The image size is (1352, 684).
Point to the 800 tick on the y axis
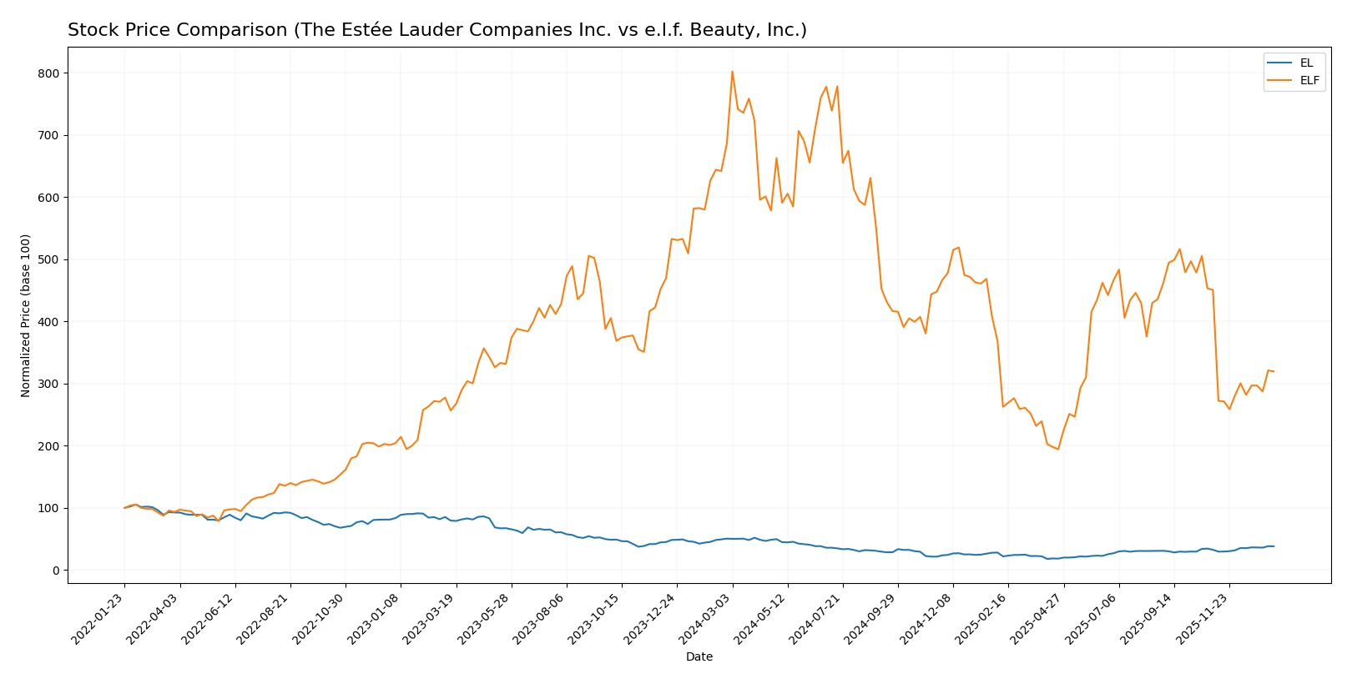point(49,73)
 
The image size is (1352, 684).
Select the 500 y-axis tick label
point(49,259)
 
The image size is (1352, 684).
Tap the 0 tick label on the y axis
point(55,571)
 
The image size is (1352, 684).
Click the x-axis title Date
point(699,657)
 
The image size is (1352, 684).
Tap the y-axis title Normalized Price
point(26,315)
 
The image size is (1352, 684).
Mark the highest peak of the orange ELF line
point(732,71)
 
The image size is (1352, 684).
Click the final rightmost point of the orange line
point(1274,371)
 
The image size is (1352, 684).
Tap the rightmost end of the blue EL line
point(1274,546)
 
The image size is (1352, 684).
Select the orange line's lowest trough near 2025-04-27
point(1058,450)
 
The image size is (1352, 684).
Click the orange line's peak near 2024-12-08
point(958,247)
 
